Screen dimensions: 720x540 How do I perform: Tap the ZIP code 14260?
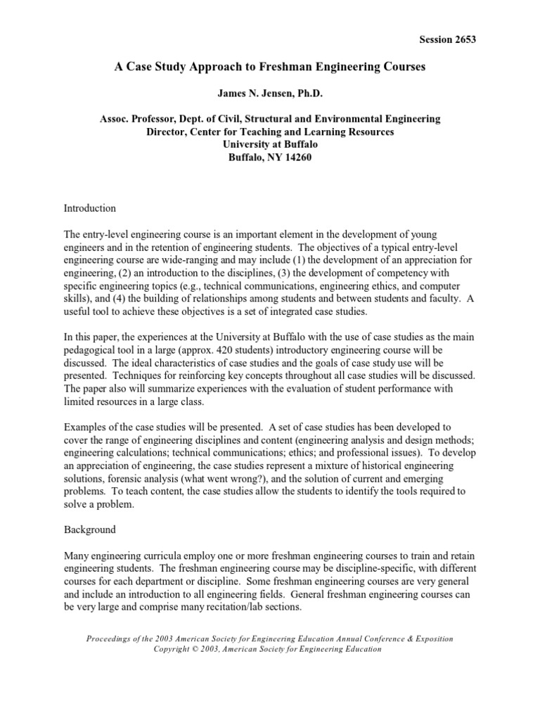pyautogui.click(x=296, y=157)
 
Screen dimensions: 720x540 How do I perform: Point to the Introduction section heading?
pyautogui.click(x=90, y=208)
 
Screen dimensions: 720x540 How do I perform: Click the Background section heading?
pyautogui.click(x=89, y=529)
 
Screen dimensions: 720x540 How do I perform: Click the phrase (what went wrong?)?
pyautogui.click(x=238, y=478)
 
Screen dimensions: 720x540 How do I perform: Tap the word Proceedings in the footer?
pyautogui.click(x=112, y=638)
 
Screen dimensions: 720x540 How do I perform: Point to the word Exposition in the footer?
pyautogui.click(x=431, y=638)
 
